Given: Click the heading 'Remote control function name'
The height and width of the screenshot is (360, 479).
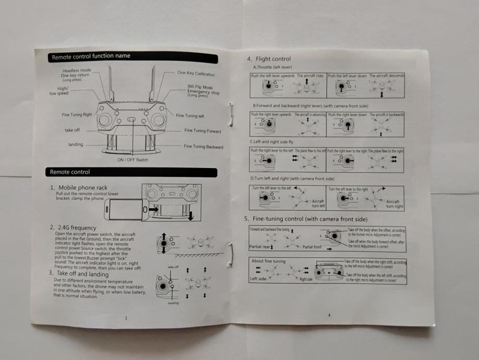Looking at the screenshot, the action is (x=91, y=56).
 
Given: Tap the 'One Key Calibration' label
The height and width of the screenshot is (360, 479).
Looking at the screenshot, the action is (x=196, y=74).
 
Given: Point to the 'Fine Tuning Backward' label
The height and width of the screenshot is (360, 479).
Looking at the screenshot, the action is (x=203, y=147).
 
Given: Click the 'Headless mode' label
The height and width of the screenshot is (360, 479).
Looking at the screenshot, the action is (x=77, y=70).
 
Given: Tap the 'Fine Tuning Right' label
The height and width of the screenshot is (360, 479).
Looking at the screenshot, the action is (x=77, y=115).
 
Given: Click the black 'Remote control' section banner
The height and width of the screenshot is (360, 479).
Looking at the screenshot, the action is (x=70, y=172).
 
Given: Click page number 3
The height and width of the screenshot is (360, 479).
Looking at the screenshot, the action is (x=126, y=318).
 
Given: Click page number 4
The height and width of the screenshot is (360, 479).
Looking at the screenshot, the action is (x=329, y=315).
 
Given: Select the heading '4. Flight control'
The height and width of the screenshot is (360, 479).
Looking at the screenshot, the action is (x=269, y=59).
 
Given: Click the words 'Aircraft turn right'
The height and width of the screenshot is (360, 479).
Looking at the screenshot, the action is (x=394, y=203).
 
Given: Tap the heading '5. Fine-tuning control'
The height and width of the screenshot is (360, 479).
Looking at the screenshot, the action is (x=307, y=218).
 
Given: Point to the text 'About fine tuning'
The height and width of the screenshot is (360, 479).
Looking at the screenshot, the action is (x=269, y=260).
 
